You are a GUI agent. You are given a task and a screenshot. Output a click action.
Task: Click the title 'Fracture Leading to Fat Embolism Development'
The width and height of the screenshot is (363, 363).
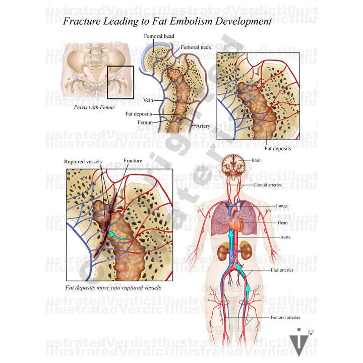[167, 22]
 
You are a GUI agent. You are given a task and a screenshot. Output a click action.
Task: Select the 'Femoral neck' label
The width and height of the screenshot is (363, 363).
[195, 47]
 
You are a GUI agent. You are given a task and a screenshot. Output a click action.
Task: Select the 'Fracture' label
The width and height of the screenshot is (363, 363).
[133, 161]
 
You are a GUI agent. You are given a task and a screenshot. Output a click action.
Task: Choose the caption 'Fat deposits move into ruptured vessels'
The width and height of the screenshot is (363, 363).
[111, 288]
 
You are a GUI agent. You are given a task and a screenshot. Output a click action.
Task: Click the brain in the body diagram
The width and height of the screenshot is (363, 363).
[235, 164]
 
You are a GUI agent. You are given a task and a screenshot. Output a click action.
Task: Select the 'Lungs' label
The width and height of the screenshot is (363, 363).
[281, 206]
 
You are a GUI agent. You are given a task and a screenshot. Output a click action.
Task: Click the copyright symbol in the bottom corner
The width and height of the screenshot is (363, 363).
[311, 332]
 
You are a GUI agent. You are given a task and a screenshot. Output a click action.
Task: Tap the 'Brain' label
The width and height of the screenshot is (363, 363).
[257, 160]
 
